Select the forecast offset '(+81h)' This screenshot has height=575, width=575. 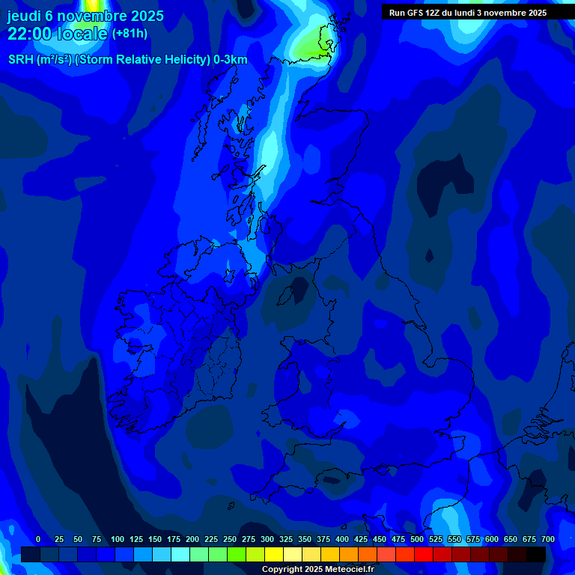click(130, 34)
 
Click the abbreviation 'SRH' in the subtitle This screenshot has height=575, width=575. click(22, 60)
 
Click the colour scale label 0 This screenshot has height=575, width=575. click(38, 540)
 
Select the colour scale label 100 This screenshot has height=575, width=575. click(118, 540)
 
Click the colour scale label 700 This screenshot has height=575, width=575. click(548, 540)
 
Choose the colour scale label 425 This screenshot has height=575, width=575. click(361, 540)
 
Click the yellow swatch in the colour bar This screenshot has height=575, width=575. click(274, 554)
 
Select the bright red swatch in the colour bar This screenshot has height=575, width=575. click(424, 554)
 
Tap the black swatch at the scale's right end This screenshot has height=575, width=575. click(536, 554)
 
